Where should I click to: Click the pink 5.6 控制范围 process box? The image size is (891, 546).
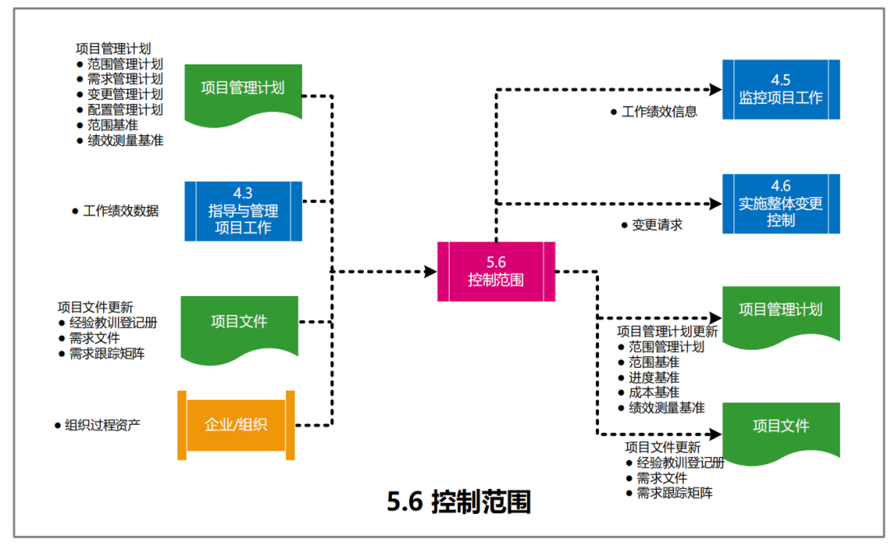496,271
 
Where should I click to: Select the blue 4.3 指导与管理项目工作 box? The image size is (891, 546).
243,211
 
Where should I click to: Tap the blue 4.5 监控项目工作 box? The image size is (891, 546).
780,89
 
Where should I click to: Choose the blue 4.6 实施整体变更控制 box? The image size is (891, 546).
780,204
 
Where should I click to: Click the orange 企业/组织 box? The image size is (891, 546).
236,425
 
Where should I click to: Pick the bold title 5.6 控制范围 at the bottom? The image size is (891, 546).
459,501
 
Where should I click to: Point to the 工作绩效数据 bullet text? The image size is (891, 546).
120,211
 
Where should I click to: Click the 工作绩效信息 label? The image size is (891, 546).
658,111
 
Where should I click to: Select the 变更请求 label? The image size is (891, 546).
657,224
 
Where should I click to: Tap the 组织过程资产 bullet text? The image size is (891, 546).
102,426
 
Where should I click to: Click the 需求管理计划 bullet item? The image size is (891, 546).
125,79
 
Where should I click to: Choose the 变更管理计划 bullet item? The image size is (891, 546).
125,95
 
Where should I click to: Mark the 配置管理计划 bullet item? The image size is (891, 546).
125,110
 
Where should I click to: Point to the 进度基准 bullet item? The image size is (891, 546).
653,377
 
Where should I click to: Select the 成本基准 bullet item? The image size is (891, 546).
653,392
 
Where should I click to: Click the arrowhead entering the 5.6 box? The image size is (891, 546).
430,271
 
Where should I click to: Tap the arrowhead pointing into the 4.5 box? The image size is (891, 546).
714,88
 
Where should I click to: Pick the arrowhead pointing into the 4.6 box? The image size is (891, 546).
714,203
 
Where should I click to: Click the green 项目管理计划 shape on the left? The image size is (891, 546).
243,88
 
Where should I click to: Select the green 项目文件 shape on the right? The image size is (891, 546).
780,426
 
